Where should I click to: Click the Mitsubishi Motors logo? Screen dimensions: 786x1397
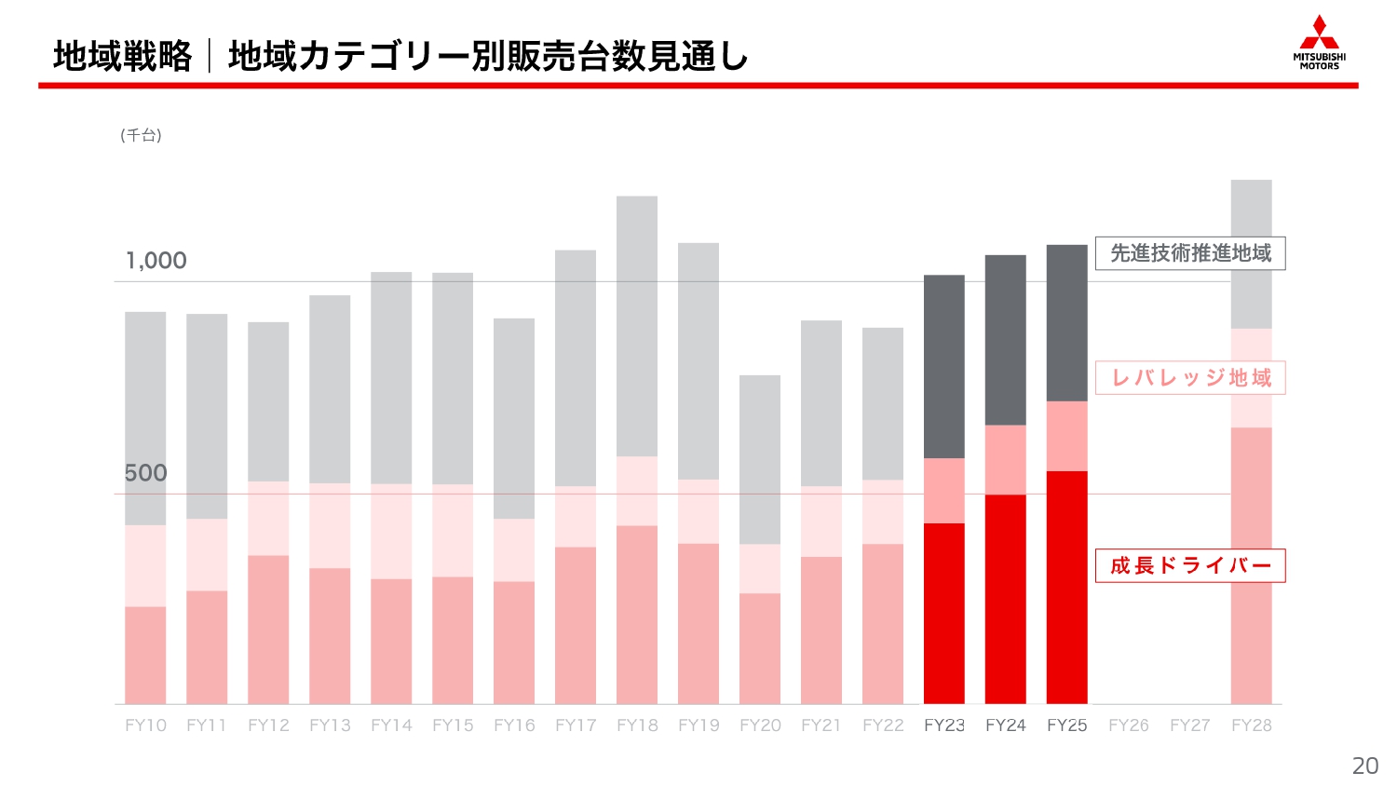click(1319, 43)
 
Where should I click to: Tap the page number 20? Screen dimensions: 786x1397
click(1364, 766)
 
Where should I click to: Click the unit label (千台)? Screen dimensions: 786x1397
click(141, 135)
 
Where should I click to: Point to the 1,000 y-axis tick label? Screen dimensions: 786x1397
click(156, 261)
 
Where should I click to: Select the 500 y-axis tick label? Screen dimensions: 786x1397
click(146, 473)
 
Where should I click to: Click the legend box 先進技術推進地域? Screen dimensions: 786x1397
click(1189, 253)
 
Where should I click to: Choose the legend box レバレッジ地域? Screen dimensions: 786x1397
click(1189, 378)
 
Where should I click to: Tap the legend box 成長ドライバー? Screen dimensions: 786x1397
click(1189, 565)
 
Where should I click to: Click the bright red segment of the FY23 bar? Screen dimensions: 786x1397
click(943, 613)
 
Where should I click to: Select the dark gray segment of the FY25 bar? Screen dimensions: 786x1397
click(1066, 323)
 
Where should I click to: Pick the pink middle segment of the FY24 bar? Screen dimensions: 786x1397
click(1005, 459)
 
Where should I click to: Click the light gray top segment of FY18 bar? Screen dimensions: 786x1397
click(636, 326)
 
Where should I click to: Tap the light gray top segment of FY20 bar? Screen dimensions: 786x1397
click(759, 459)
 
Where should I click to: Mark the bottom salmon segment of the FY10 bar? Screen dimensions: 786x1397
click(145, 655)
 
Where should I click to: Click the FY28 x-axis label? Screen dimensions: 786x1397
click(1251, 725)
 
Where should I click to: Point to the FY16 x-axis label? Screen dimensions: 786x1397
click(514, 725)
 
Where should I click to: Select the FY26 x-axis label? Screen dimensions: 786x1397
click(1128, 725)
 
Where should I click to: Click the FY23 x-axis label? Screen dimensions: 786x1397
click(943, 725)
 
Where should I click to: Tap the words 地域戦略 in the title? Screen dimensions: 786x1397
click(122, 57)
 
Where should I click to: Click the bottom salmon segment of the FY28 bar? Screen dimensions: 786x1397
click(1251, 565)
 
